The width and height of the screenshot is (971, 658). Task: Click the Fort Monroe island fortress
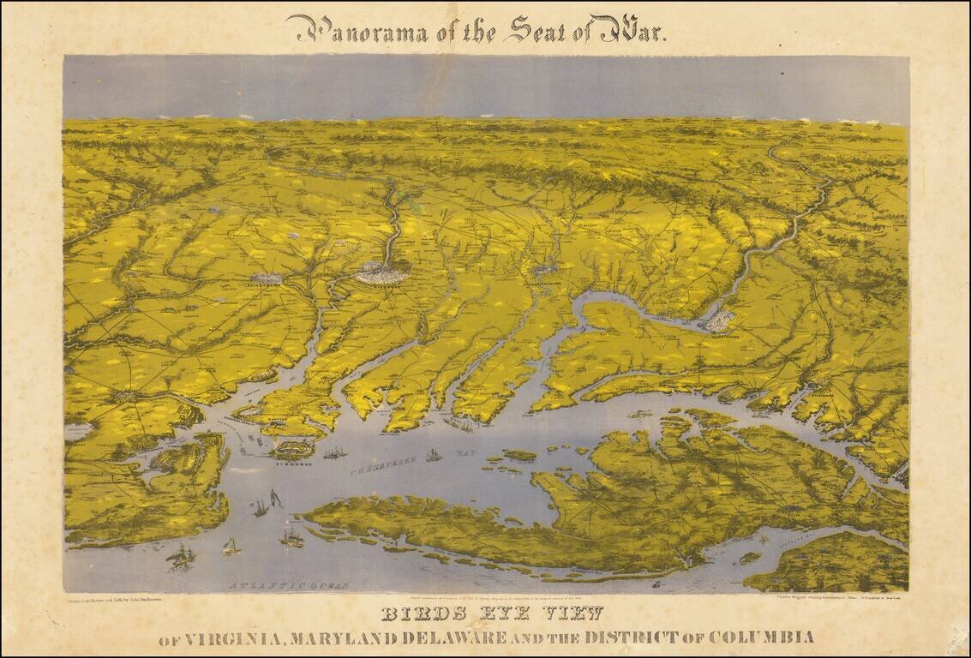pos(293,449)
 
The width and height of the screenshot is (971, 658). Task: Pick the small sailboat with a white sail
pos(231,545)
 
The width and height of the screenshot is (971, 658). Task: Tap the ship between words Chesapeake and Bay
pos(434,455)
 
